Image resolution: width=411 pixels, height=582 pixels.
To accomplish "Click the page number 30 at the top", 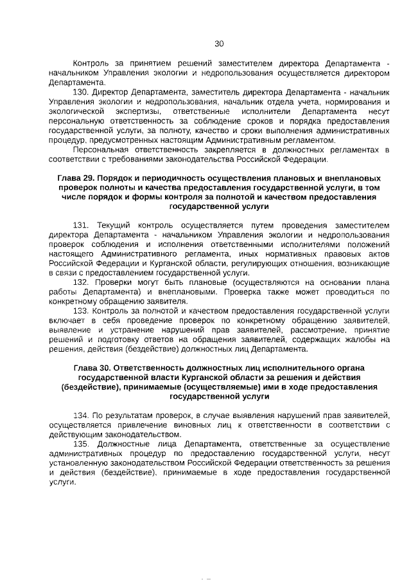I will pos(218,44).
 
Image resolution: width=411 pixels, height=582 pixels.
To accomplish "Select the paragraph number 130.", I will pos(82,92).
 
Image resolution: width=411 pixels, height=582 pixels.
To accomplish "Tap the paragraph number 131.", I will pos(82,226).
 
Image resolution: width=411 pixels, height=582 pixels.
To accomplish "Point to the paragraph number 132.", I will pos(82,282).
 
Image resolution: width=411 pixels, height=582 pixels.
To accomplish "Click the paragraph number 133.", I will pos(82,311).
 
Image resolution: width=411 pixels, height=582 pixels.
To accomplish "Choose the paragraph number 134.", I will pos(82,416).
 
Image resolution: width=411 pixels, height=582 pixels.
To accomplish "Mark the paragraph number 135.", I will pos(82,444).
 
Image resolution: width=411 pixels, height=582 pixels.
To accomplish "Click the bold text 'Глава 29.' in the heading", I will pos(79,177).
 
